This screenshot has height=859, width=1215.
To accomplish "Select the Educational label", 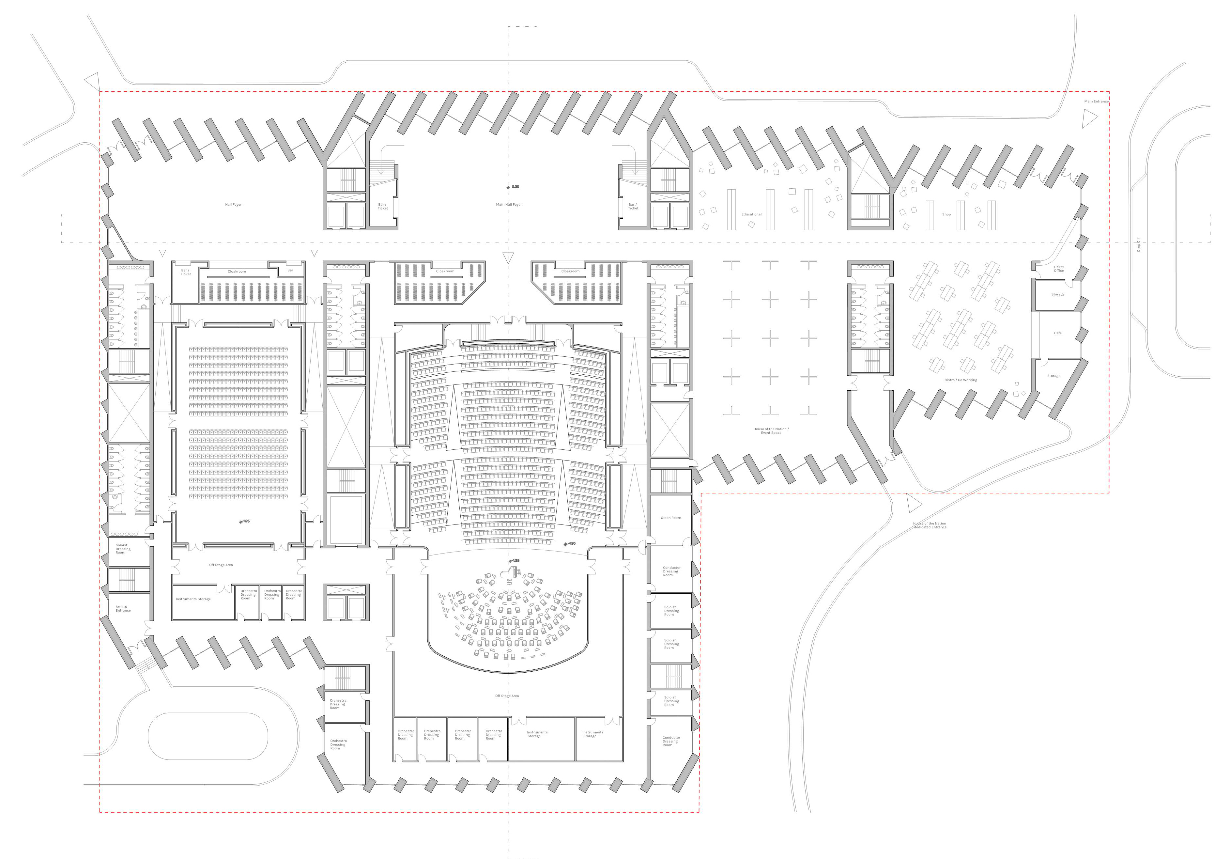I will pyautogui.click(x=751, y=214).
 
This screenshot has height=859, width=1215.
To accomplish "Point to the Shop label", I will pyautogui.click(x=946, y=214).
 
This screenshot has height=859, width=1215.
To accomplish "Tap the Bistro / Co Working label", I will pyautogui.click(x=961, y=380).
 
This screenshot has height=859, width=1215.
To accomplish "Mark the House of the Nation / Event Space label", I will pyautogui.click(x=771, y=431).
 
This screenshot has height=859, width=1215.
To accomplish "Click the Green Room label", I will pyautogui.click(x=670, y=518).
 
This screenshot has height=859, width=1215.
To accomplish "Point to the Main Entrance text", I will pyautogui.click(x=1096, y=102).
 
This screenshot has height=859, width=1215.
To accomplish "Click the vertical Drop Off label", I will pyautogui.click(x=1138, y=244).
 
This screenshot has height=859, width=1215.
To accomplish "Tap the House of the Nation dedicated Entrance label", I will pyautogui.click(x=930, y=525).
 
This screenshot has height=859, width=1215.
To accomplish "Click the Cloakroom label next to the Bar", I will pyautogui.click(x=237, y=272).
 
